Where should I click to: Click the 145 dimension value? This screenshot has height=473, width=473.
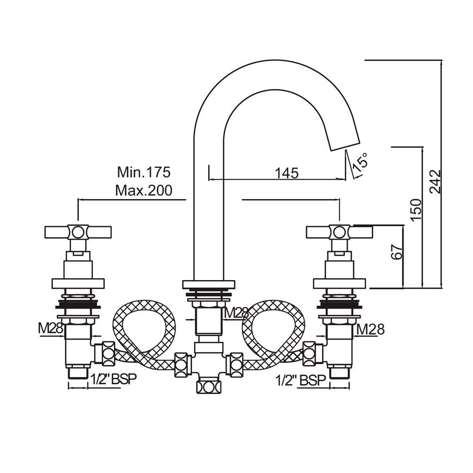[287, 173]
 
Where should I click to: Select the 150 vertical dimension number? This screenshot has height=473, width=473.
[415, 210]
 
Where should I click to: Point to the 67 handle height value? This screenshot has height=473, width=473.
[397, 252]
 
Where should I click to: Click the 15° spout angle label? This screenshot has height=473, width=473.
[360, 162]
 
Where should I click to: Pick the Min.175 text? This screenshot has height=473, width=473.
[143, 171]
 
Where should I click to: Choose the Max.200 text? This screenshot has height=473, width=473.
[143, 191]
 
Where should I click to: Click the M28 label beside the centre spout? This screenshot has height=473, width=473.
[236, 313]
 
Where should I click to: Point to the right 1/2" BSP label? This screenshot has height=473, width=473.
[301, 380]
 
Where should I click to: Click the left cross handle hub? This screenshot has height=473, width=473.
[78, 232]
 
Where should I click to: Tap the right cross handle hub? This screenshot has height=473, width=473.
[339, 232]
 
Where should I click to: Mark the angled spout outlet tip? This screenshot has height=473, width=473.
[344, 144]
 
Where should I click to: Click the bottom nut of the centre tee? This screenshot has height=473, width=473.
[209, 386]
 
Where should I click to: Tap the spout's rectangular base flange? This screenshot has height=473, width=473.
[209, 284]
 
